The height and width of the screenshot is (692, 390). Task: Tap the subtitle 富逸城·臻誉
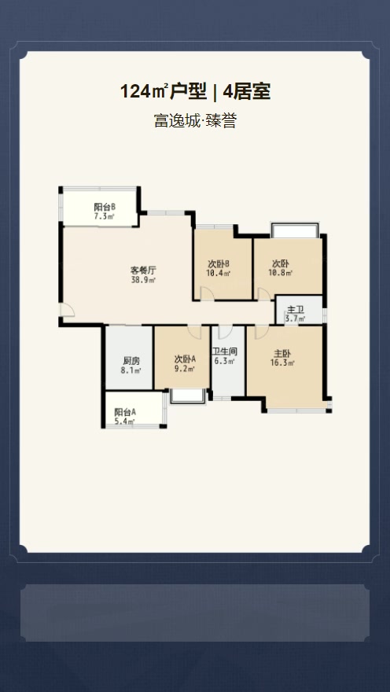tap(195, 122)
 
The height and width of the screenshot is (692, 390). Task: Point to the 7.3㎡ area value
tap(105, 216)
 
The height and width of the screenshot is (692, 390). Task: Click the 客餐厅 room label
tap(143, 270)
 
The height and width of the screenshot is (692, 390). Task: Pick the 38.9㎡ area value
tap(143, 279)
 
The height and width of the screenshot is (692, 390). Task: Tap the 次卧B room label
tap(218, 263)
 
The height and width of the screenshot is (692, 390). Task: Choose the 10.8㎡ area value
tap(281, 273)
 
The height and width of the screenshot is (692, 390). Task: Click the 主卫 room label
tap(295, 309)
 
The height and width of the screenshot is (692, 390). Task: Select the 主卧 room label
tap(282, 353)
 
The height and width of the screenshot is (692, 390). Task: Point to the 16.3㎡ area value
tap(282, 363)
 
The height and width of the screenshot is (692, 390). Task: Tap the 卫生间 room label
tap(225, 352)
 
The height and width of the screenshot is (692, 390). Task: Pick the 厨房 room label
tap(131, 361)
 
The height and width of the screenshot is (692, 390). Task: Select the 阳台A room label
tap(125, 412)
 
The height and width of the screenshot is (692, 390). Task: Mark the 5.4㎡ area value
tap(124, 421)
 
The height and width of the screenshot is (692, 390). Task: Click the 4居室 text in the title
tap(247, 92)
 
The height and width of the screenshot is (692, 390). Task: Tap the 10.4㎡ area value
tap(218, 273)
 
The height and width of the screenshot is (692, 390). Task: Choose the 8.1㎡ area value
tap(131, 370)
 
